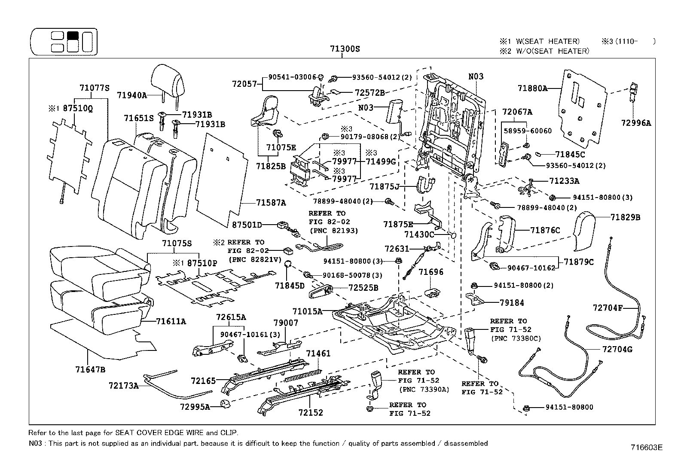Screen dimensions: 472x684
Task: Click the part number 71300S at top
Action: point(345,49)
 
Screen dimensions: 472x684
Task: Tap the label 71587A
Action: point(271,203)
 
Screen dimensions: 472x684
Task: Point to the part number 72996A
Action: point(636,123)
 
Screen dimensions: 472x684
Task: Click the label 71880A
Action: point(532,88)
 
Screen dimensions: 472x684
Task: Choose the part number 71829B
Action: point(625,217)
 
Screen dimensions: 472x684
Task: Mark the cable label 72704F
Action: point(608,308)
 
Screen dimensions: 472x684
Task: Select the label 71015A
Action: point(307,311)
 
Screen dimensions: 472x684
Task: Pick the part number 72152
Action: point(311,413)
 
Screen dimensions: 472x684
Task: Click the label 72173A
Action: point(123,386)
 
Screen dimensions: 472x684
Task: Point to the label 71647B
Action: point(90,369)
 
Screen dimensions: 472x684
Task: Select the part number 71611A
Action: point(171,321)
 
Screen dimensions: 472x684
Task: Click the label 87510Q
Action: point(77,108)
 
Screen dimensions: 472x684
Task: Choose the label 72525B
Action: point(363,287)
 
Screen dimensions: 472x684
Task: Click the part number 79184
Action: point(512,303)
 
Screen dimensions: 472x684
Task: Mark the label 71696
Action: point(431,272)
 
